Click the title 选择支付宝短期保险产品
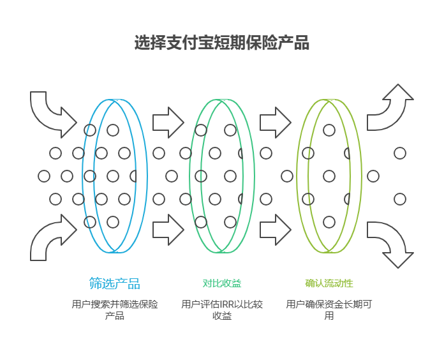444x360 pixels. [221, 43]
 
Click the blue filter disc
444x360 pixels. [115, 176]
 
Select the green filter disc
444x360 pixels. [221, 176]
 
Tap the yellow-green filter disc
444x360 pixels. [329, 176]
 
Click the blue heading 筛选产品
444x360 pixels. [115, 283]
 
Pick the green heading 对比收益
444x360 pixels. [222, 283]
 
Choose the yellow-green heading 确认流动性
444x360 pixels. [329, 283]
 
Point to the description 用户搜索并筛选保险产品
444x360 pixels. [115, 310]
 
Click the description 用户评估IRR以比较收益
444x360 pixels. [222, 310]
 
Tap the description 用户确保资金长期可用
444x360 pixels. [329, 310]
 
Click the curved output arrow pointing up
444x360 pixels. [390, 109]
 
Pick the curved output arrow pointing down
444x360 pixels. [390, 244]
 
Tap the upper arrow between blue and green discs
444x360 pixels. [168, 121]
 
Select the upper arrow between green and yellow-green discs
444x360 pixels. [275, 121]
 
